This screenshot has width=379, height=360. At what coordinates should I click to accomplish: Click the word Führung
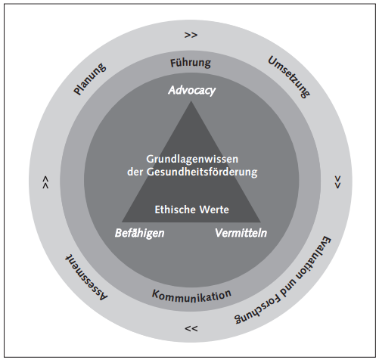(x=191, y=63)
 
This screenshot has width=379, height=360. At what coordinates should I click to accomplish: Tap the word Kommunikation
(x=191, y=296)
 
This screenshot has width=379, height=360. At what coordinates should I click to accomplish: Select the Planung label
(x=90, y=79)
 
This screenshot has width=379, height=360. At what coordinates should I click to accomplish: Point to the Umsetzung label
(x=289, y=77)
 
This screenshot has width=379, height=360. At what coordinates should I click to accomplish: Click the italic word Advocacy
(x=192, y=91)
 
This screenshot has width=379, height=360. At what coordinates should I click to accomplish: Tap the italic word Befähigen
(x=139, y=233)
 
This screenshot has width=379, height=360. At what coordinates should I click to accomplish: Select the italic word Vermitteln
(x=241, y=233)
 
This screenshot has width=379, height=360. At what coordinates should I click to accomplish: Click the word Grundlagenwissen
(x=192, y=160)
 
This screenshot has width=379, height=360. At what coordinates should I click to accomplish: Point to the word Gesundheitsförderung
(x=202, y=172)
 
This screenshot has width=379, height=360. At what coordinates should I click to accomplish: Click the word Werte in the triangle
(x=214, y=209)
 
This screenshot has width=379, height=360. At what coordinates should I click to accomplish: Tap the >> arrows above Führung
(x=191, y=35)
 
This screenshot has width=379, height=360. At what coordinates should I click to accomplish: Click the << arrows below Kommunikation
(x=191, y=329)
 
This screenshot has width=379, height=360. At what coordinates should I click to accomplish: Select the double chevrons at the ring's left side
(x=45, y=182)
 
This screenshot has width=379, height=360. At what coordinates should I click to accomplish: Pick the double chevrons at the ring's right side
(x=337, y=182)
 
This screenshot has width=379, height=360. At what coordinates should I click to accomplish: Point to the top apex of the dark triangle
(x=191, y=101)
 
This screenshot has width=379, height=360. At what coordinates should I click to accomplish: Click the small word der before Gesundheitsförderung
(x=135, y=172)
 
